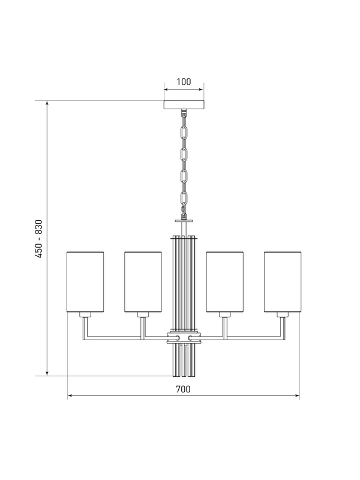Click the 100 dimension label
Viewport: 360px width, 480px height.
click(x=184, y=82)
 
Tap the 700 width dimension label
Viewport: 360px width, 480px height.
click(x=183, y=389)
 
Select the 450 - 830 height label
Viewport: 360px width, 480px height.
click(x=38, y=238)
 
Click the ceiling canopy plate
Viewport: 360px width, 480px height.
click(x=184, y=105)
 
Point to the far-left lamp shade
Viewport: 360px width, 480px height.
click(x=85, y=282)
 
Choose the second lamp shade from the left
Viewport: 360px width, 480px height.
click(x=143, y=282)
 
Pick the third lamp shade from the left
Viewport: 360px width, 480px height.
click(x=224, y=282)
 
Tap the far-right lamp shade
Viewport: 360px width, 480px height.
click(x=283, y=282)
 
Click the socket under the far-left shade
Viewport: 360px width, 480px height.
click(x=85, y=314)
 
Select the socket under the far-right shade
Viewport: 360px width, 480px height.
click(x=283, y=314)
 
